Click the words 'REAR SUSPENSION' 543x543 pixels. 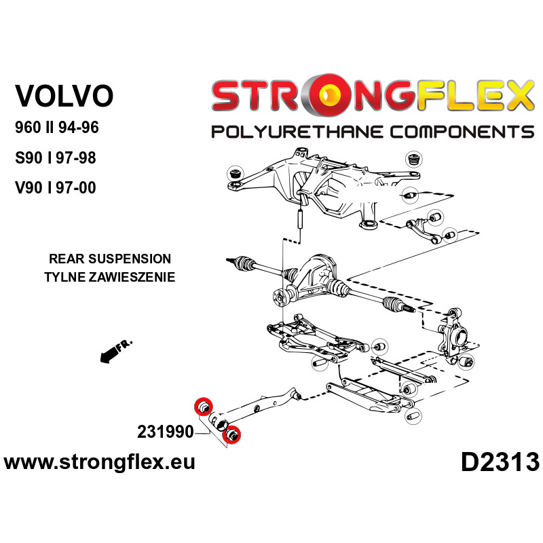[x=110, y=259]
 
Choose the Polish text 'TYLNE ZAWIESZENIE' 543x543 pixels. [x=109, y=276]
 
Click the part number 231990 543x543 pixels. [x=164, y=432]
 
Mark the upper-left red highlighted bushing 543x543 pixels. [x=202, y=407]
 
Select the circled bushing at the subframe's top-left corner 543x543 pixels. [x=236, y=172]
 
